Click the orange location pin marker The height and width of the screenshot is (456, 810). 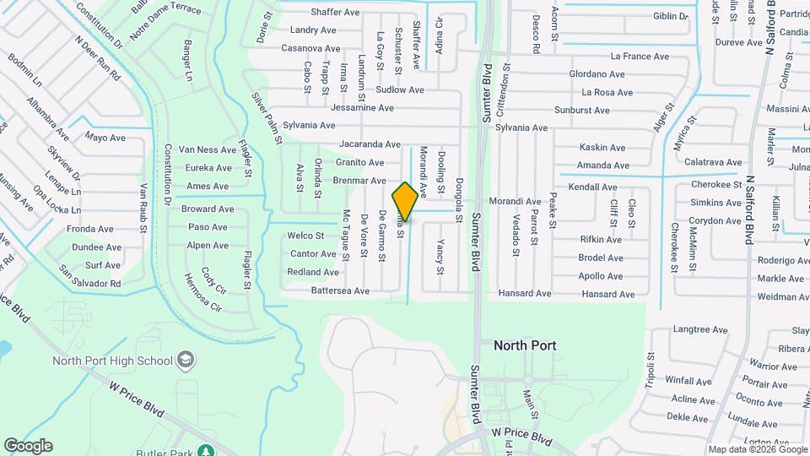[x=405, y=201]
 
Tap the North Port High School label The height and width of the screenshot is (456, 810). [x=112, y=361]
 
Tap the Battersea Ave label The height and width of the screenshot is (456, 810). [x=340, y=290]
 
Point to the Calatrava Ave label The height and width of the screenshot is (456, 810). [x=713, y=162]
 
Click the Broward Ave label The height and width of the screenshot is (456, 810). [x=208, y=209]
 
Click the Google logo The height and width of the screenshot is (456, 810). [x=28, y=446]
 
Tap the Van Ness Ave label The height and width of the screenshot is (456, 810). [x=207, y=149]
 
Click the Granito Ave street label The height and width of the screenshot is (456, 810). [x=359, y=162]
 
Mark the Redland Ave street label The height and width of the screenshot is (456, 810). [x=313, y=272]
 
